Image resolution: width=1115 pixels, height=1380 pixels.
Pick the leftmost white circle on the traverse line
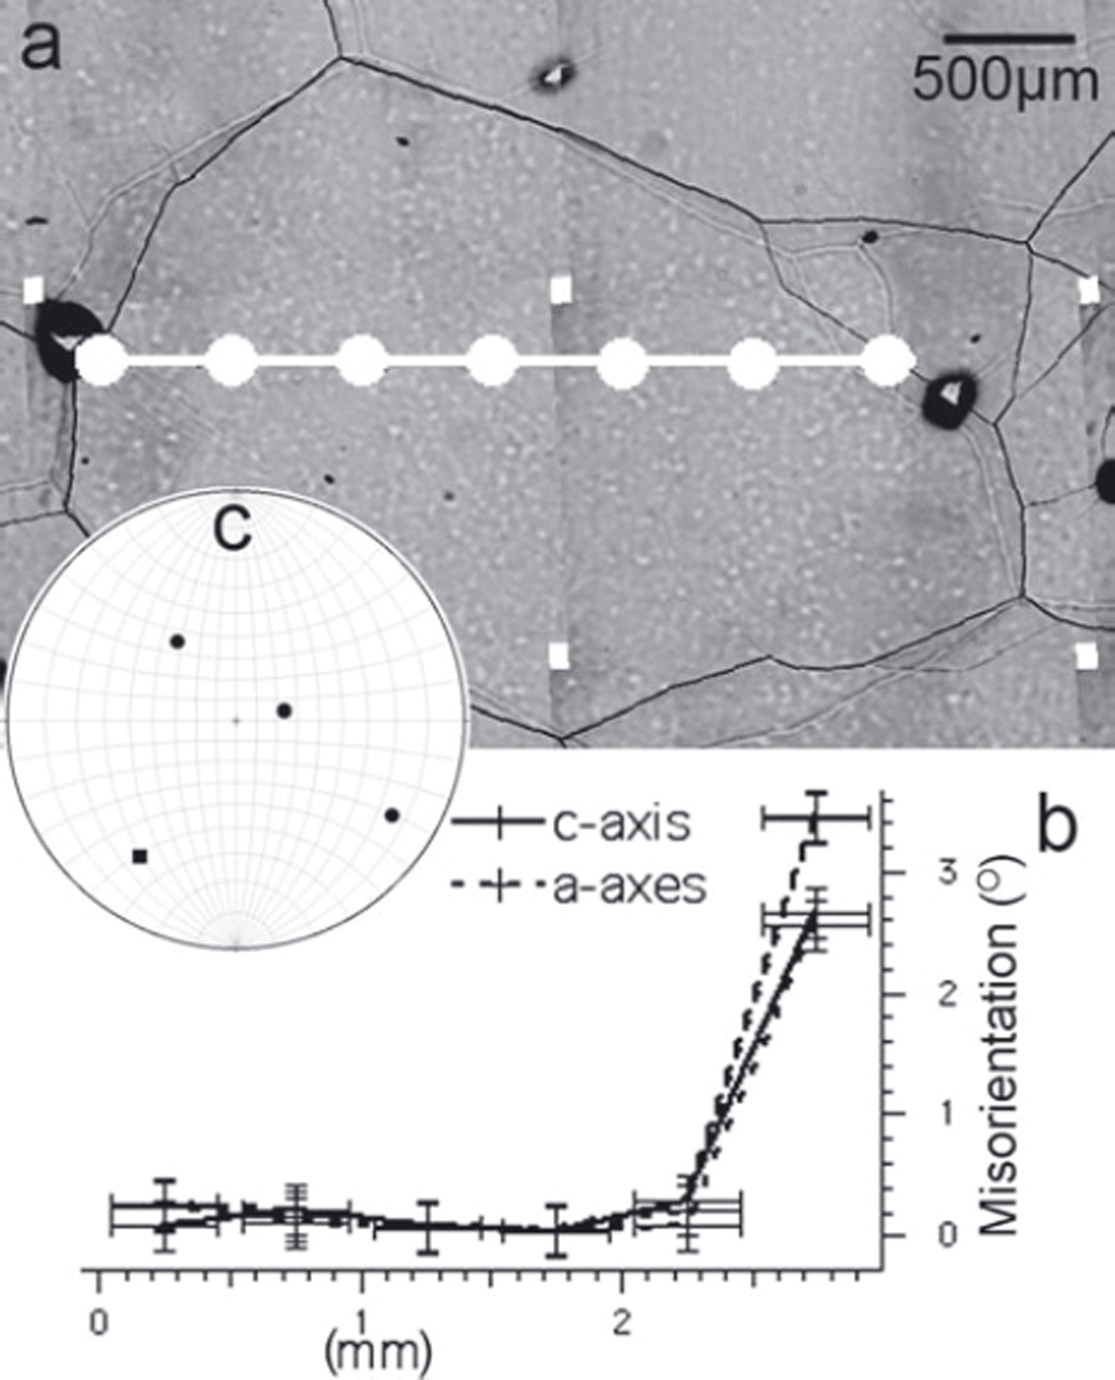click(x=102, y=362)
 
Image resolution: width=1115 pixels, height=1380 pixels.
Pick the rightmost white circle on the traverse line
click(x=889, y=362)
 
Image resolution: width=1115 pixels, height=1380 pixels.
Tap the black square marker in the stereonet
click(x=140, y=857)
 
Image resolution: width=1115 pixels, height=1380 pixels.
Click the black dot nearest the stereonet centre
click(x=284, y=710)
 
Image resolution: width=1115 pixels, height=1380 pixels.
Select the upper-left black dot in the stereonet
click(x=178, y=641)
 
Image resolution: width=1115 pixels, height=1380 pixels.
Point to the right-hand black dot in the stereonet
click(x=392, y=815)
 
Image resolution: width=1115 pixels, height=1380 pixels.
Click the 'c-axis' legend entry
click(x=620, y=824)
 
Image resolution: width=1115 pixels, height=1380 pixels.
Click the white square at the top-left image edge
click(x=33, y=290)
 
